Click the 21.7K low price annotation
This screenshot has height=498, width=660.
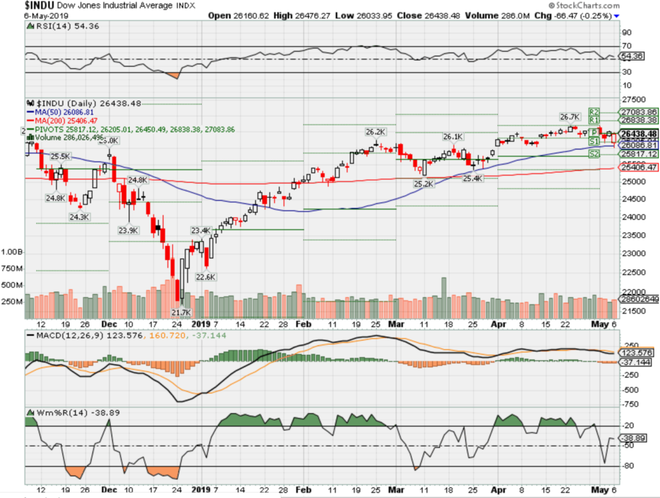click(x=182, y=312)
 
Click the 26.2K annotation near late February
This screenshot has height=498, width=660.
click(x=374, y=131)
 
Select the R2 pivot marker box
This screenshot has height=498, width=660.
click(x=594, y=111)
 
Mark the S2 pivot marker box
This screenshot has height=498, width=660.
click(x=594, y=155)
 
